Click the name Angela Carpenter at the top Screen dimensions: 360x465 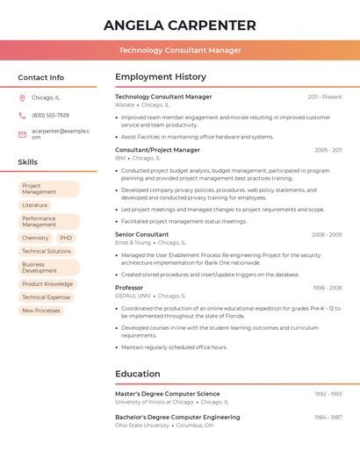pos(179,25)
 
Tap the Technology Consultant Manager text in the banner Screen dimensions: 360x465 pos(179,50)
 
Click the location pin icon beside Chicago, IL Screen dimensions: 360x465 pos(22,98)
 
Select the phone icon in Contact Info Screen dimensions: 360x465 pos(22,116)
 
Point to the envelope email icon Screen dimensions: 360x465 pos(22,133)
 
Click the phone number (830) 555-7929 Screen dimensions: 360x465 pos(50,116)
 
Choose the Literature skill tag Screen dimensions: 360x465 pos(35,205)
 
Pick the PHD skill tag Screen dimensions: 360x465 pos(66,238)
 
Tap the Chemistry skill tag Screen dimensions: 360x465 pos(35,238)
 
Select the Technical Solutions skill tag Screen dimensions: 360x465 pos(46,251)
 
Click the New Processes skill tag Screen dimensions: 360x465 pos(41,311)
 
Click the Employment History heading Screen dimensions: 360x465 pos(160,77)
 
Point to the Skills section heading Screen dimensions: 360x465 pos(27,162)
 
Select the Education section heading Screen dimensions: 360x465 pos(137,374)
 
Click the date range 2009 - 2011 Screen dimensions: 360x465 pos(328,150)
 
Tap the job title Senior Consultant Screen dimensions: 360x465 pos(141,234)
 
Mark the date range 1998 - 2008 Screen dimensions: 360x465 pos(327,288)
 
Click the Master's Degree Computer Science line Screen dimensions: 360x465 pos(167,394)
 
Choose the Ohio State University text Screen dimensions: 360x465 pos(141,425)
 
